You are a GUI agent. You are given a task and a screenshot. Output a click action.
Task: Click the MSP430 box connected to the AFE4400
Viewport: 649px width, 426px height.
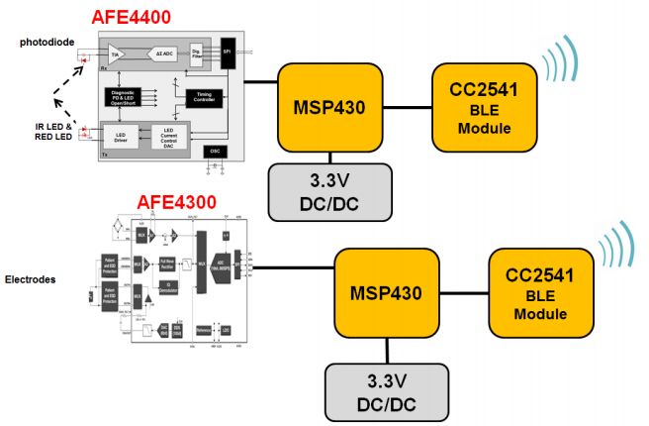(325, 106)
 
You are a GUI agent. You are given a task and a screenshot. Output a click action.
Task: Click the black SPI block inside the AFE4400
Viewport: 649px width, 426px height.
(229, 51)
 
